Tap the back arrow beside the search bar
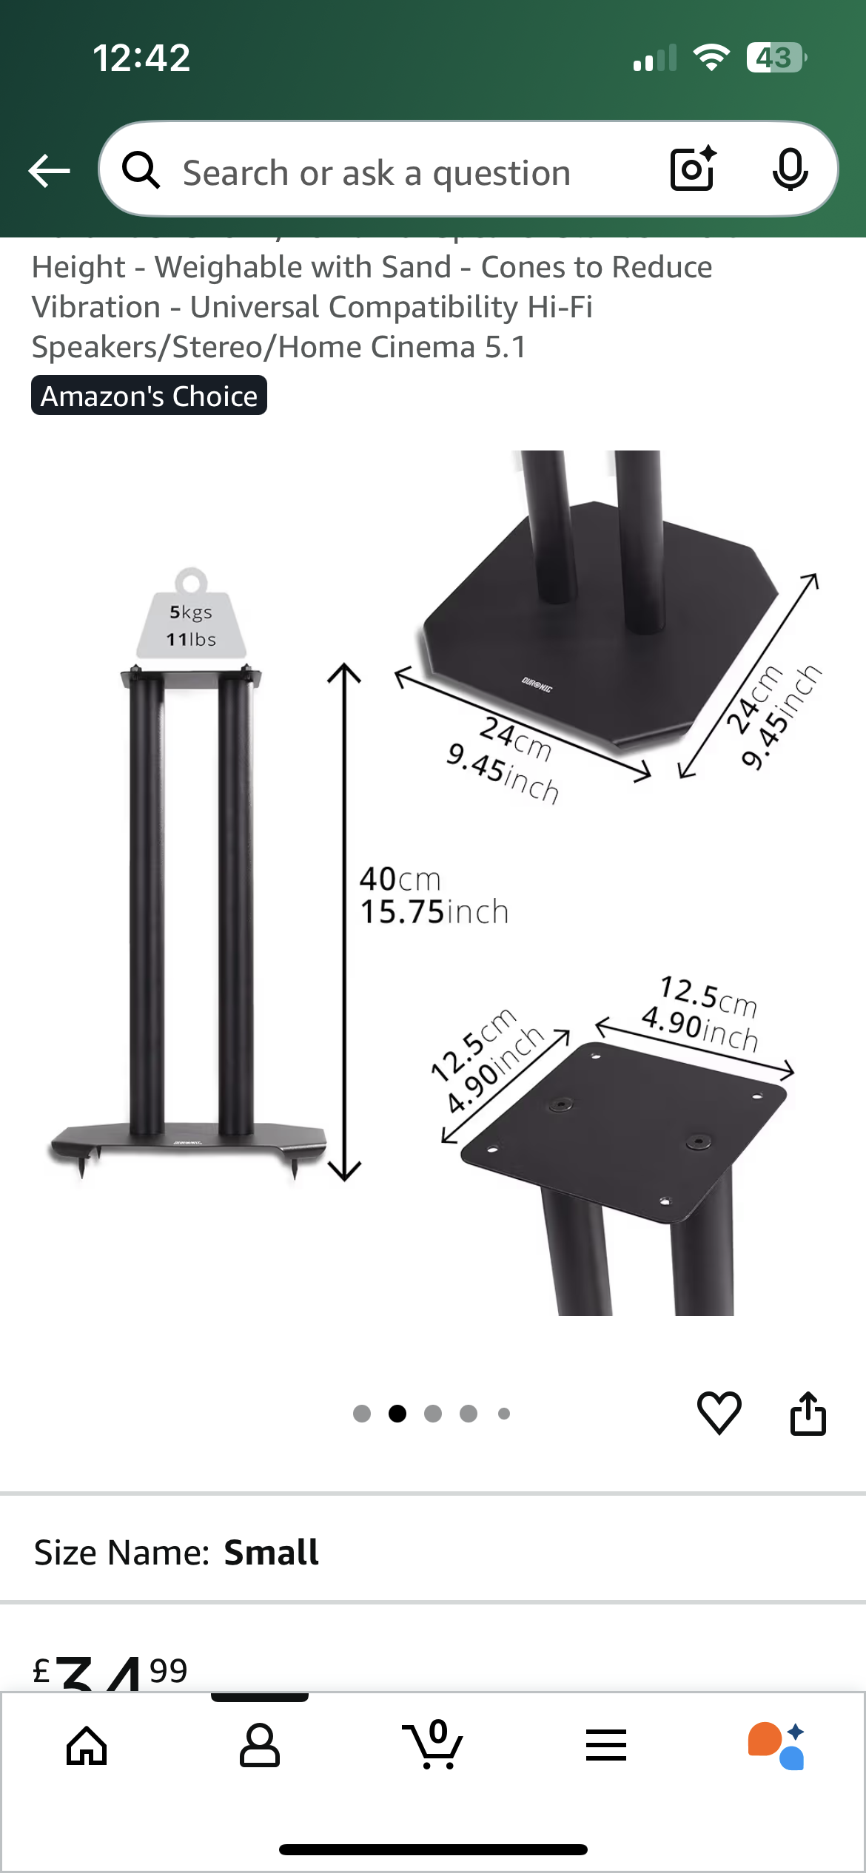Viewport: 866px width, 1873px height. tap(49, 172)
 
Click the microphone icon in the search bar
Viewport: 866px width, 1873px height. tap(790, 170)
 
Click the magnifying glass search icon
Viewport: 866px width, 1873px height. tap(141, 171)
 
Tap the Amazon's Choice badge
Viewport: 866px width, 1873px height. tap(149, 396)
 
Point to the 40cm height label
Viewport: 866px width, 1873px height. tap(400, 880)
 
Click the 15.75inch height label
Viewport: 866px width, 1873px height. tap(434, 912)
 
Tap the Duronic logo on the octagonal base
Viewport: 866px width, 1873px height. tap(537, 684)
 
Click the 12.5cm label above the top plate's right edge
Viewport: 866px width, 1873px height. tap(708, 996)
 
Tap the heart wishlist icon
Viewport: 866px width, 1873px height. tap(719, 1413)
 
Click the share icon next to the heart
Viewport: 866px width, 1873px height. tap(808, 1413)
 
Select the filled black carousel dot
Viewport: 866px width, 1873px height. tap(397, 1414)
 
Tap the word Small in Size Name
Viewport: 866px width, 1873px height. tap(271, 1552)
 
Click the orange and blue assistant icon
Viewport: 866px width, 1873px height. tap(776, 1746)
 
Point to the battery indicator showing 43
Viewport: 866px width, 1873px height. tap(775, 58)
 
